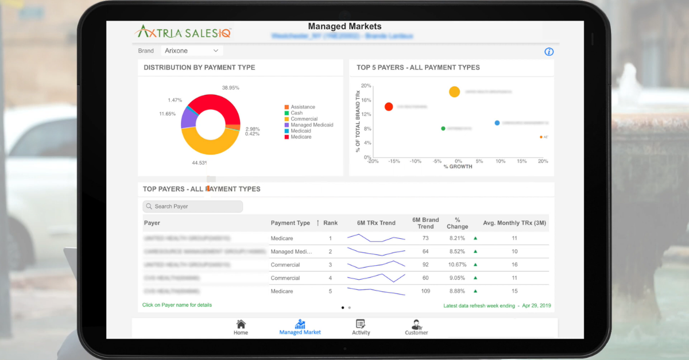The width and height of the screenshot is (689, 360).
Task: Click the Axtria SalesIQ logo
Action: pyautogui.click(x=183, y=32)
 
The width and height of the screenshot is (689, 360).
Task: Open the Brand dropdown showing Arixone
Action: pyautogui.click(x=192, y=51)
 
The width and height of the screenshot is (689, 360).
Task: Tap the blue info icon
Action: pyautogui.click(x=549, y=52)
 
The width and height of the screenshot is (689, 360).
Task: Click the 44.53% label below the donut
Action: pyautogui.click(x=199, y=163)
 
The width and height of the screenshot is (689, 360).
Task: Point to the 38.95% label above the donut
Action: pyautogui.click(x=230, y=88)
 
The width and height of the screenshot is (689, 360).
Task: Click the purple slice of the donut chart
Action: pyautogui.click(x=188, y=117)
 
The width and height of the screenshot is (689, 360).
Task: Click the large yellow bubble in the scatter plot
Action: pyautogui.click(x=454, y=92)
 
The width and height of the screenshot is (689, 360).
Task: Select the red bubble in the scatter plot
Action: pyautogui.click(x=389, y=106)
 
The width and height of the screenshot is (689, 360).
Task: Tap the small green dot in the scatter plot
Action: pyautogui.click(x=443, y=129)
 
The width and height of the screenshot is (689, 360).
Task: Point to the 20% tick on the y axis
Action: pyautogui.click(x=366, y=86)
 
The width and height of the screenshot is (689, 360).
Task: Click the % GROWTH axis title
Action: pyautogui.click(x=458, y=167)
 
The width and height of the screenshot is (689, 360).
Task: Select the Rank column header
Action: pyautogui.click(x=330, y=223)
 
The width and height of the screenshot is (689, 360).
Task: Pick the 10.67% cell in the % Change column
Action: pyautogui.click(x=456, y=265)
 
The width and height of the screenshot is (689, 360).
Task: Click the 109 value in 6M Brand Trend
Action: pyautogui.click(x=425, y=291)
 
